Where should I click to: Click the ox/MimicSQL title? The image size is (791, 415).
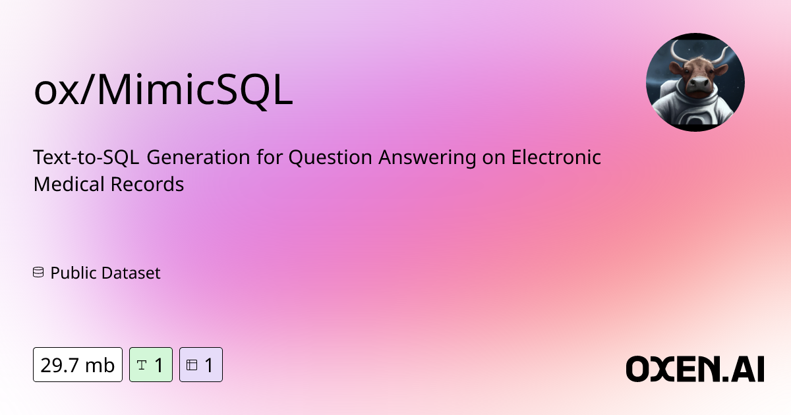pyautogui.click(x=163, y=92)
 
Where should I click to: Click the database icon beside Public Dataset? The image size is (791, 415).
pyautogui.click(x=38, y=273)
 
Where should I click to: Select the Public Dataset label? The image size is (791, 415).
pyautogui.click(x=105, y=273)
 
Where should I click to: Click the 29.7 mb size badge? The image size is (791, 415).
pyautogui.click(x=78, y=364)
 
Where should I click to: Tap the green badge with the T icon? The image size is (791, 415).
pyautogui.click(x=151, y=364)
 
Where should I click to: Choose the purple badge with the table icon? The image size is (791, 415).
pyautogui.click(x=201, y=364)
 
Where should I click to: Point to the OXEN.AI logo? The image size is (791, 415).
pyautogui.click(x=695, y=369)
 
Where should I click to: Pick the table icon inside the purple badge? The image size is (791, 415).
pyautogui.click(x=192, y=364)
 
